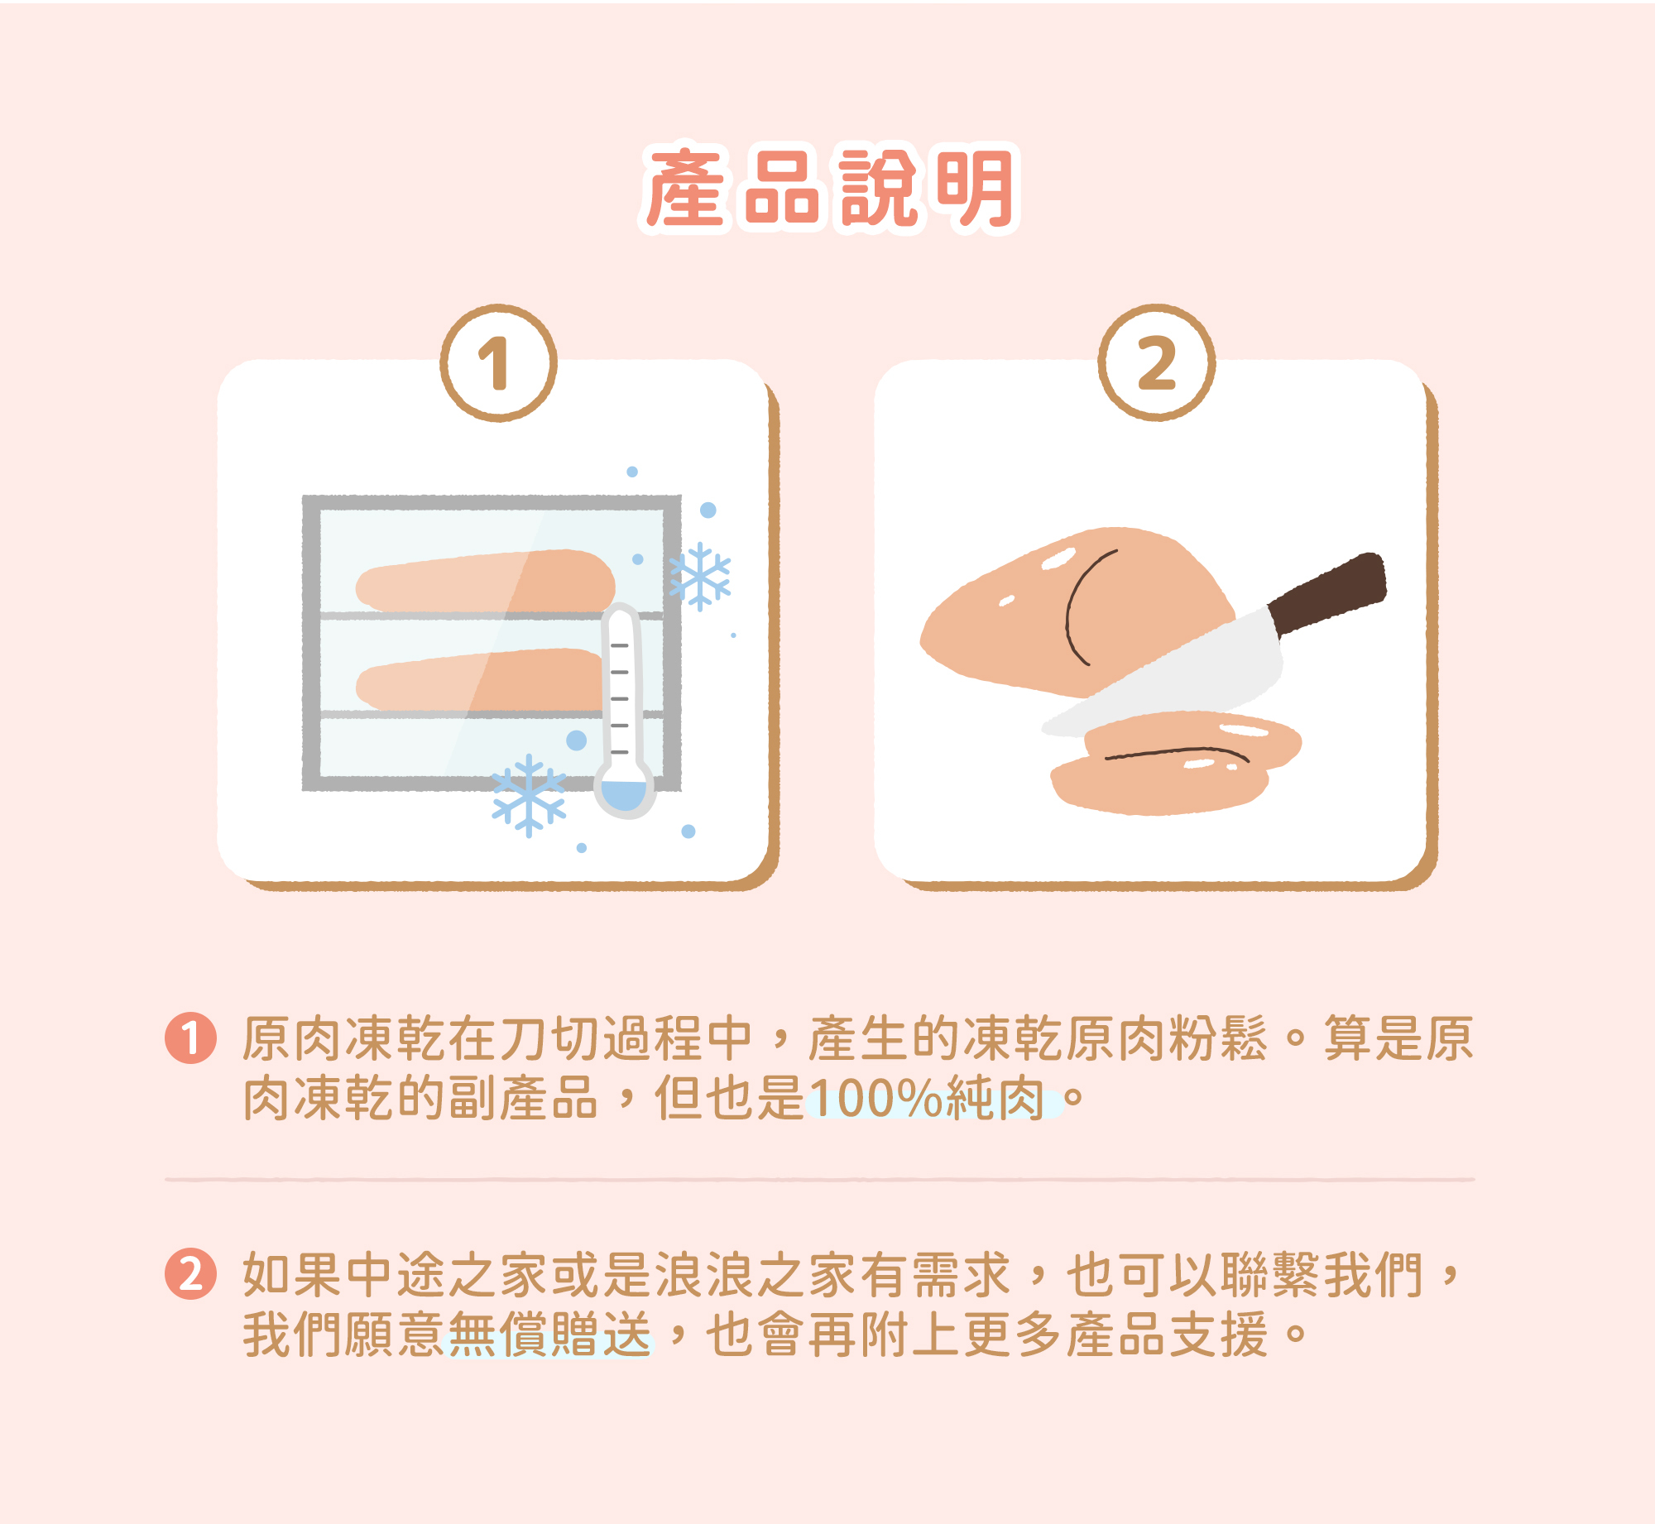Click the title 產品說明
coord(829,189)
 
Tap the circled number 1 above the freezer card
coord(498,363)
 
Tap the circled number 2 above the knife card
coord(1156,363)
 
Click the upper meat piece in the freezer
coord(488,582)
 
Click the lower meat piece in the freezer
coord(480,680)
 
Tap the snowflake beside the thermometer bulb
coord(529,796)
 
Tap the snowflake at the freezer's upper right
coord(700,577)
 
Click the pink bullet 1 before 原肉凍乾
coord(190,1038)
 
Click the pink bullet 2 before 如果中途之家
coord(190,1273)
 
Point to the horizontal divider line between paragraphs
coord(819,1179)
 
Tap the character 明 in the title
coord(976,189)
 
